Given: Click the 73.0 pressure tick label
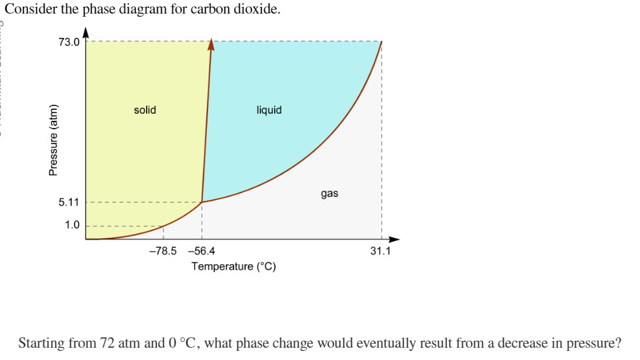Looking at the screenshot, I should click(69, 43).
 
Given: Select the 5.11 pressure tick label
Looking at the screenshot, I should click(69, 202).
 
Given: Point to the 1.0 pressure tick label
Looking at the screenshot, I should click(72, 226).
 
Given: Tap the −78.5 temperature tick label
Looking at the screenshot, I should click(162, 251).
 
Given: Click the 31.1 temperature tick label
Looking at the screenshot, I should click(380, 251).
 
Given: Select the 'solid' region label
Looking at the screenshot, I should click(145, 110).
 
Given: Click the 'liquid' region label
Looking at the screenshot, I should click(269, 110).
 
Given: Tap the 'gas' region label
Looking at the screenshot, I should click(329, 193).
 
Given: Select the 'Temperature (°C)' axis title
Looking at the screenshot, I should click(234, 266).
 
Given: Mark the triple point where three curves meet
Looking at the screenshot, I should click(202, 202).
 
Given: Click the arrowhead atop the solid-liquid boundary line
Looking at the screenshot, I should click(211, 45).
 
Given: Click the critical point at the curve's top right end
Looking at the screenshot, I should click(381, 41).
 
